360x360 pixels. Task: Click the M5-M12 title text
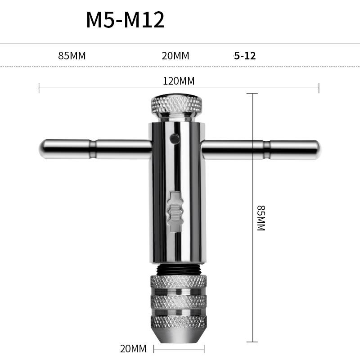(x=126, y=20)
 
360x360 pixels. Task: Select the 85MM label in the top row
(x=72, y=56)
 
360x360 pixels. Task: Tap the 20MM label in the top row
(x=175, y=56)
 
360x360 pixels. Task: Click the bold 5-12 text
(x=245, y=56)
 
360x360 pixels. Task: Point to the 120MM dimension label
(x=179, y=81)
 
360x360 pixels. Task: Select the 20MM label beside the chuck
(x=133, y=349)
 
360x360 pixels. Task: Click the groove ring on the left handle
(x=93, y=149)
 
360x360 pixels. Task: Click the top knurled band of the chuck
(x=178, y=282)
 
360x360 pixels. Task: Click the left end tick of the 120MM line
(x=39, y=88)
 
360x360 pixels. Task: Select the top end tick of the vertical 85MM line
(x=252, y=94)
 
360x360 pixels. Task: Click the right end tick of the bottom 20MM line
(x=204, y=349)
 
